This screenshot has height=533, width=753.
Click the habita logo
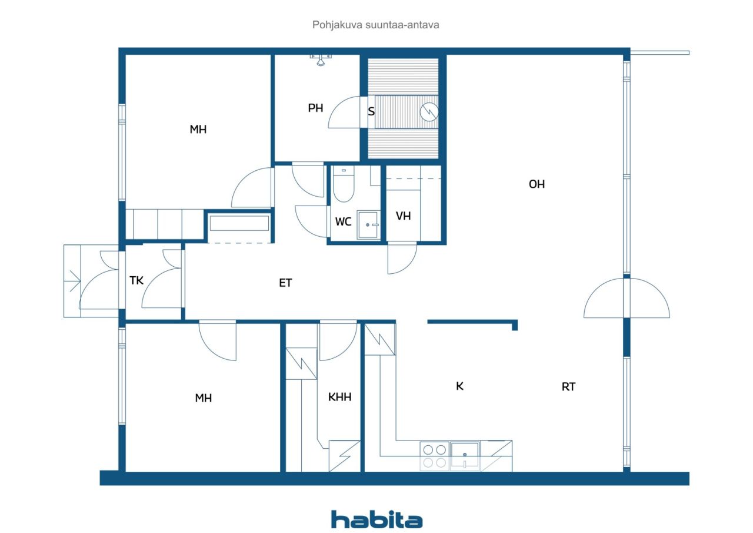pyautogui.click(x=376, y=520)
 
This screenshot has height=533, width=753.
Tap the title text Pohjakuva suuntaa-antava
pyautogui.click(x=375, y=25)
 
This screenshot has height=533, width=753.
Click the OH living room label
pyautogui.click(x=537, y=184)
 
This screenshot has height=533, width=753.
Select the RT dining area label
pyautogui.click(x=568, y=386)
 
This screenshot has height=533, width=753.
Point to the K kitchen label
pyautogui.click(x=459, y=386)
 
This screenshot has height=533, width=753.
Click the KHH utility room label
pyautogui.click(x=339, y=397)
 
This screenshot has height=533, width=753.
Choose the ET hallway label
pyautogui.click(x=285, y=283)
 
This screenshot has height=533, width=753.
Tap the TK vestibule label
pyautogui.click(x=136, y=280)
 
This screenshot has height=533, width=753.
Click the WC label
pyautogui.click(x=343, y=221)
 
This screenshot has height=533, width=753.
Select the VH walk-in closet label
pyautogui.click(x=403, y=216)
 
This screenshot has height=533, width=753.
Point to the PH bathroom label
pyautogui.click(x=315, y=108)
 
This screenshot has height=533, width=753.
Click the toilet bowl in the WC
pyautogui.click(x=344, y=184)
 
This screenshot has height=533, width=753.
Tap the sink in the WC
pyautogui.click(x=368, y=225)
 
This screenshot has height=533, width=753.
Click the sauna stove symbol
pyautogui.click(x=429, y=112)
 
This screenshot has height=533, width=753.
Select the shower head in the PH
pyautogui.click(x=321, y=61)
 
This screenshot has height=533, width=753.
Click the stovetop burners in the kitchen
pyautogui.click(x=434, y=456)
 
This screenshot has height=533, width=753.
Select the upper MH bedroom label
pyautogui.click(x=198, y=129)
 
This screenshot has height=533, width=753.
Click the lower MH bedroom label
pyautogui.click(x=204, y=398)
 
